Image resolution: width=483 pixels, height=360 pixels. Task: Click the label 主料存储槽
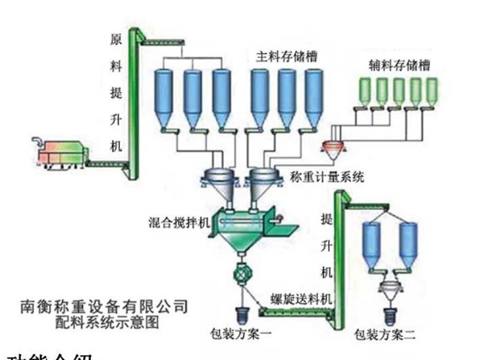point(287,57)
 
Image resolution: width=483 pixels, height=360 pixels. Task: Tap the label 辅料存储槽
point(400,64)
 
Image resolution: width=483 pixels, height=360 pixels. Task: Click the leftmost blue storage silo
point(164,95)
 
